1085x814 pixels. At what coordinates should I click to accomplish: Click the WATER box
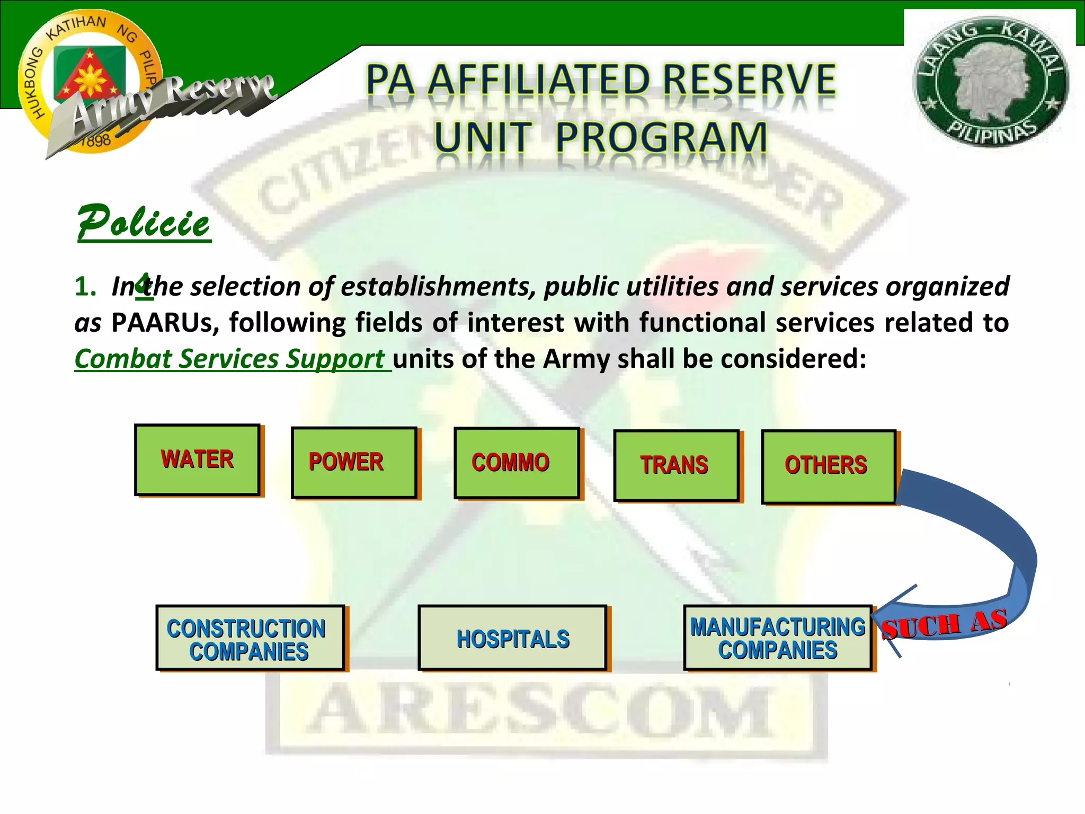pyautogui.click(x=197, y=459)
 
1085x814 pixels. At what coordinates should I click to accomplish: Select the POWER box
pyautogui.click(x=354, y=462)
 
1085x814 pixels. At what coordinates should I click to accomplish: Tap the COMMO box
pyautogui.click(x=517, y=463)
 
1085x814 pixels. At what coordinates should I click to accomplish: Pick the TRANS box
pyautogui.click(x=676, y=465)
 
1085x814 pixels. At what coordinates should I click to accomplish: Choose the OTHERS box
pyautogui.click(x=828, y=466)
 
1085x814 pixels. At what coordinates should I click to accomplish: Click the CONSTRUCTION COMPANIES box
pyautogui.click(x=250, y=638)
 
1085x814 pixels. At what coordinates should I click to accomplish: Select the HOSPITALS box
pyautogui.click(x=512, y=638)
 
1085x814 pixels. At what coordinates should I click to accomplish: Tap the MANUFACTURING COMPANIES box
pyautogui.click(x=777, y=638)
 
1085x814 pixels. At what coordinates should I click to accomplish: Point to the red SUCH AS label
pyautogui.click(x=944, y=624)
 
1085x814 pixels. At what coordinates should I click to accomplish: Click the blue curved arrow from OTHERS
pyautogui.click(x=996, y=535)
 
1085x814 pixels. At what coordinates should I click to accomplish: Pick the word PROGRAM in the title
pyautogui.click(x=661, y=137)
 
